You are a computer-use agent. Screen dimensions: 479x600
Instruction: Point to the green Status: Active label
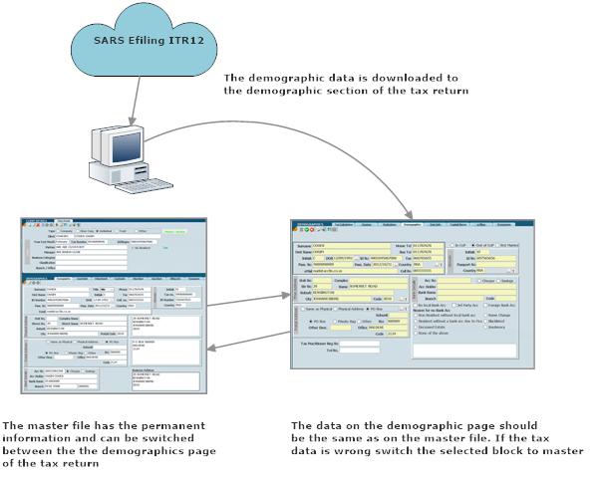179,232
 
